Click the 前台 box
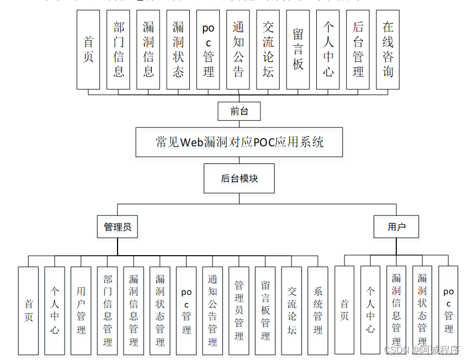tap(239, 111)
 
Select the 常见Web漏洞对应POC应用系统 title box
tap(240, 142)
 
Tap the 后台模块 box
tap(239, 178)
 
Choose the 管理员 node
tap(118, 226)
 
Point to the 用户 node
tap(396, 226)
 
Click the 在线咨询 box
tap(388, 50)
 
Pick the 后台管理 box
tap(358, 50)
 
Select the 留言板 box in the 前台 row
tap(298, 50)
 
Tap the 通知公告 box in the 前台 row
tap(238, 50)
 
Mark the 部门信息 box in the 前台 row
tap(119, 50)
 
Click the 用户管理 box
tap(81, 310)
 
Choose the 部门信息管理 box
tap(108, 310)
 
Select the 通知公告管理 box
tap(212, 310)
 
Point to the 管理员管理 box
tap(239, 310)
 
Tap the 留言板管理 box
tap(265, 310)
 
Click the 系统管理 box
tap(318, 310)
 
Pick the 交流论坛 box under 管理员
tap(291, 310)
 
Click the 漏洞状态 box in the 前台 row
tap(178, 50)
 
